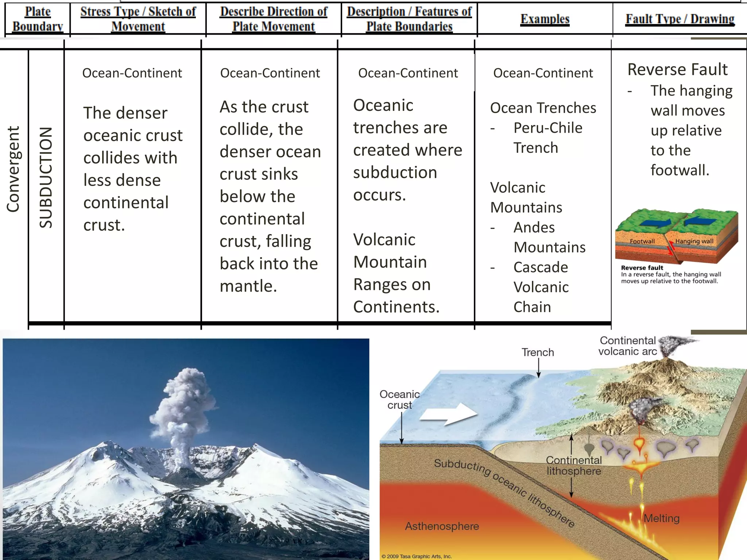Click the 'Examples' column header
pyautogui.click(x=545, y=19)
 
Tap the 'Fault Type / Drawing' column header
pyautogui.click(x=680, y=19)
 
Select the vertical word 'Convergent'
pyautogui.click(x=13, y=169)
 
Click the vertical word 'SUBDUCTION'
pyautogui.click(x=46, y=178)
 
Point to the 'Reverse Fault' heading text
pyautogui.click(x=677, y=69)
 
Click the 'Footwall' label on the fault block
pyautogui.click(x=642, y=241)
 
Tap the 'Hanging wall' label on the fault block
pyautogui.click(x=694, y=241)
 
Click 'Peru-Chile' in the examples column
pyautogui.click(x=547, y=128)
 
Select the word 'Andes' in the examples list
pyautogui.click(x=534, y=227)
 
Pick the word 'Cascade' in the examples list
pyautogui.click(x=541, y=267)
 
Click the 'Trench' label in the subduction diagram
pyautogui.click(x=537, y=352)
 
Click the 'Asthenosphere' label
pyautogui.click(x=442, y=526)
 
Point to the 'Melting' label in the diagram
pyautogui.click(x=661, y=518)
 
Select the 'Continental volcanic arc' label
pyautogui.click(x=627, y=346)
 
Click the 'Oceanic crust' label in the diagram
pyautogui.click(x=399, y=400)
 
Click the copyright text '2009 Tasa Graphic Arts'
pyautogui.click(x=418, y=556)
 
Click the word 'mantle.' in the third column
pyautogui.click(x=248, y=286)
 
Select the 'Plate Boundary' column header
pyautogui.click(x=38, y=19)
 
